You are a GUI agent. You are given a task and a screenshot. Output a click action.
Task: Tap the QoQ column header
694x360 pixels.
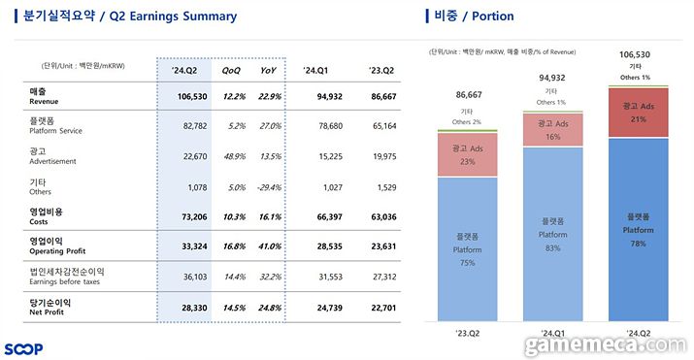[231, 70]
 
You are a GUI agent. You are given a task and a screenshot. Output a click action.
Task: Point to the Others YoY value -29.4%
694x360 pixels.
[269, 186]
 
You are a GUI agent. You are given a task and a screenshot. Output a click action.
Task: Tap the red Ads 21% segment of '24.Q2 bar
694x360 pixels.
[638, 113]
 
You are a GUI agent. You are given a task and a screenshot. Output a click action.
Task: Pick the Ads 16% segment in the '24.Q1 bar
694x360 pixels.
[553, 129]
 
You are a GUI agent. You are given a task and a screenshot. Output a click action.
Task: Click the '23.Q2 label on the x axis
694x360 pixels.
[467, 334]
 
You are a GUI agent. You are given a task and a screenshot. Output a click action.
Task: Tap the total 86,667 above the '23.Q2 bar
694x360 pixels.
[467, 95]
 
